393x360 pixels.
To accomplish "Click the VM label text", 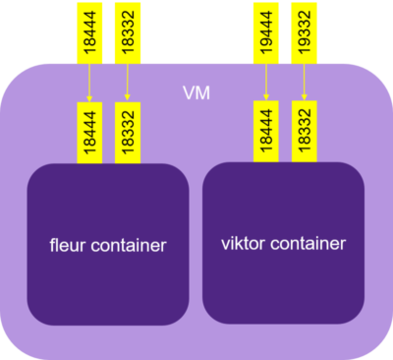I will [196, 93].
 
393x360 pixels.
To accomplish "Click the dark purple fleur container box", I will [107, 285].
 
